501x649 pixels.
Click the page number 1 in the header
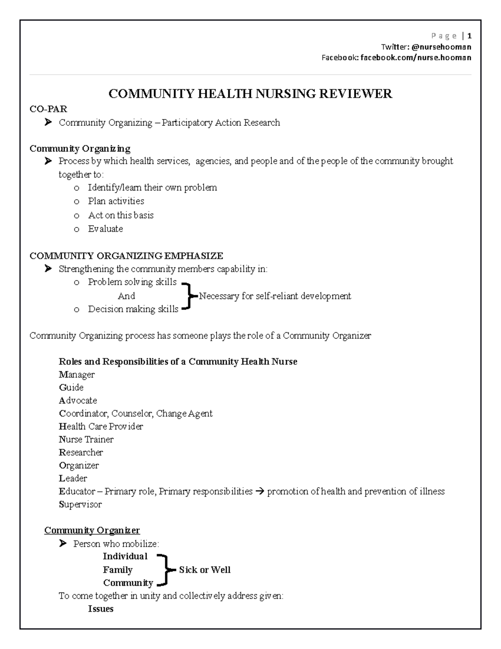[x=470, y=36]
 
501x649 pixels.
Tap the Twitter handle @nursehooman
[x=441, y=47]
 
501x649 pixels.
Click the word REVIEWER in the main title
[x=356, y=94]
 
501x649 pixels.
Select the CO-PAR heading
[x=48, y=109]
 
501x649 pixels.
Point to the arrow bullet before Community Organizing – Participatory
[x=48, y=122]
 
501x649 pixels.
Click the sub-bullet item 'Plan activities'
[x=116, y=201]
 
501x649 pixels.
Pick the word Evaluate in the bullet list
[x=105, y=229]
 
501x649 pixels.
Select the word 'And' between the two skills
[x=126, y=296]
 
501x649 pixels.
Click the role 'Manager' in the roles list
[x=77, y=374]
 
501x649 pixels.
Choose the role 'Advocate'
[x=78, y=400]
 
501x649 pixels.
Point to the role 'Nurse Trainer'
[x=86, y=439]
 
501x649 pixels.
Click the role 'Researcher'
[x=81, y=452]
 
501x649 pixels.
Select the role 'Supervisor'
[x=80, y=504]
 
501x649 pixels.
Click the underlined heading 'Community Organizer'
[x=92, y=530]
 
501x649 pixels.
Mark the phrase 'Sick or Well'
[x=205, y=570]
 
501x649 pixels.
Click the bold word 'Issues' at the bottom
[x=101, y=608]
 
